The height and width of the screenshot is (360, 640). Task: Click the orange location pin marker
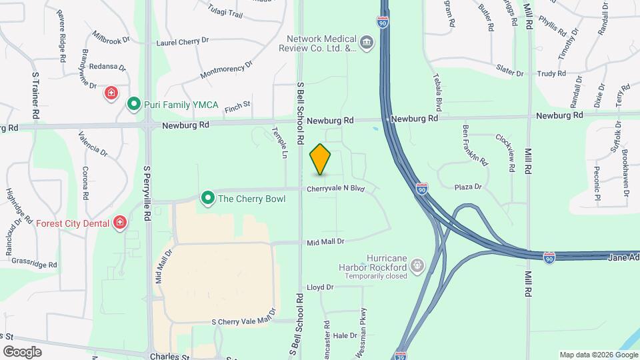[320, 159]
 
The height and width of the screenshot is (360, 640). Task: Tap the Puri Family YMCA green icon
[133, 103]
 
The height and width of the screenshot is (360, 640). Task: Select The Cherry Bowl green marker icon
[208, 198]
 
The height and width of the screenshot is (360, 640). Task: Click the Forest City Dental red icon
[120, 222]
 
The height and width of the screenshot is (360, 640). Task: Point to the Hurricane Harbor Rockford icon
[417, 266]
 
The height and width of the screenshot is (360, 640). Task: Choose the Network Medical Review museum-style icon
[367, 43]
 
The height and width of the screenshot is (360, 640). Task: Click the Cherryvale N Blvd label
[336, 189]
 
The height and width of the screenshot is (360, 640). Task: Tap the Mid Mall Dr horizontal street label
[325, 241]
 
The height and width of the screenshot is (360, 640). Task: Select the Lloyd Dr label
[320, 287]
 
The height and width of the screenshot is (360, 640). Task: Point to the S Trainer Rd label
[35, 97]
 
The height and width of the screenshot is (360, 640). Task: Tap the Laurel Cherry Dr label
[182, 41]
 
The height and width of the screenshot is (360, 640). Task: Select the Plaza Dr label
[468, 187]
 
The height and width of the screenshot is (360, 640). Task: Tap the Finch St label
[237, 105]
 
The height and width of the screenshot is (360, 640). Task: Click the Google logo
[22, 351]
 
